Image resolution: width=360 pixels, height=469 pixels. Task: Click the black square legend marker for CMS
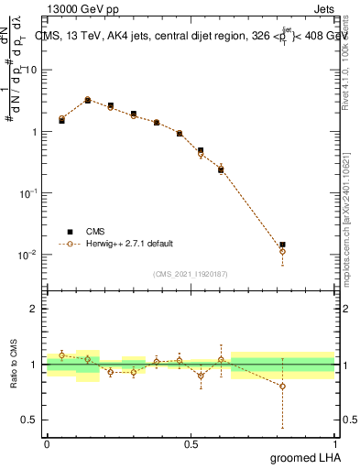coord(65,232)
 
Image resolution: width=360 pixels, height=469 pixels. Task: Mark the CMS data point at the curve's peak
coord(88,100)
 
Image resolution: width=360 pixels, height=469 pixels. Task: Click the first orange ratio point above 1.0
coord(61,355)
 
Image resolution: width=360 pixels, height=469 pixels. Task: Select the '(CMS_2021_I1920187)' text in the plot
coord(191,273)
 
